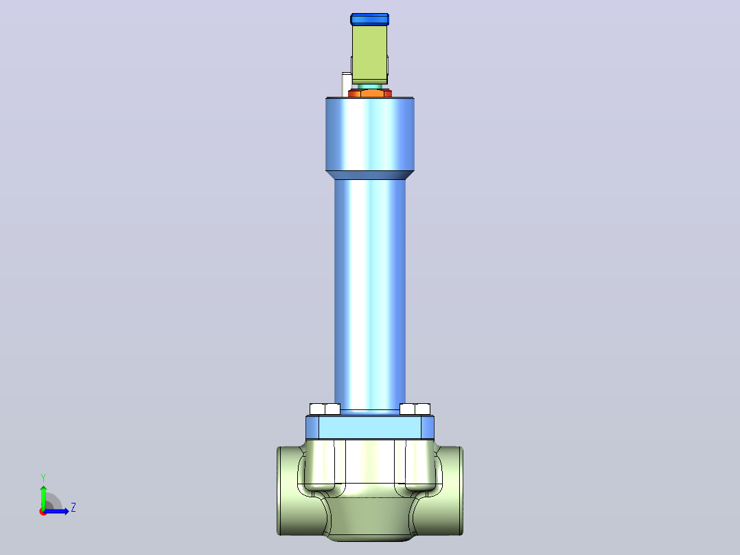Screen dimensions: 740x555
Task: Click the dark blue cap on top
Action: (x=369, y=19)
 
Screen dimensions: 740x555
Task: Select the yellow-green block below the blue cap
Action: (x=369, y=54)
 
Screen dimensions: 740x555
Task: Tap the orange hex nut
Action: (x=370, y=93)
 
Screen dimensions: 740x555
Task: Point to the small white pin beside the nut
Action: (x=346, y=84)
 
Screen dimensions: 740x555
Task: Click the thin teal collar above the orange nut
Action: (x=370, y=87)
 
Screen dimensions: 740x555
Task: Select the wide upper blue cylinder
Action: (x=370, y=134)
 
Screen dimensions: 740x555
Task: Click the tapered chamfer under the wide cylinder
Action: (x=370, y=175)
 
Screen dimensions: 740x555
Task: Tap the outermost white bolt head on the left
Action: (x=317, y=409)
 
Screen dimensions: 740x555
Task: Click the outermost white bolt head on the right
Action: (x=422, y=409)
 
